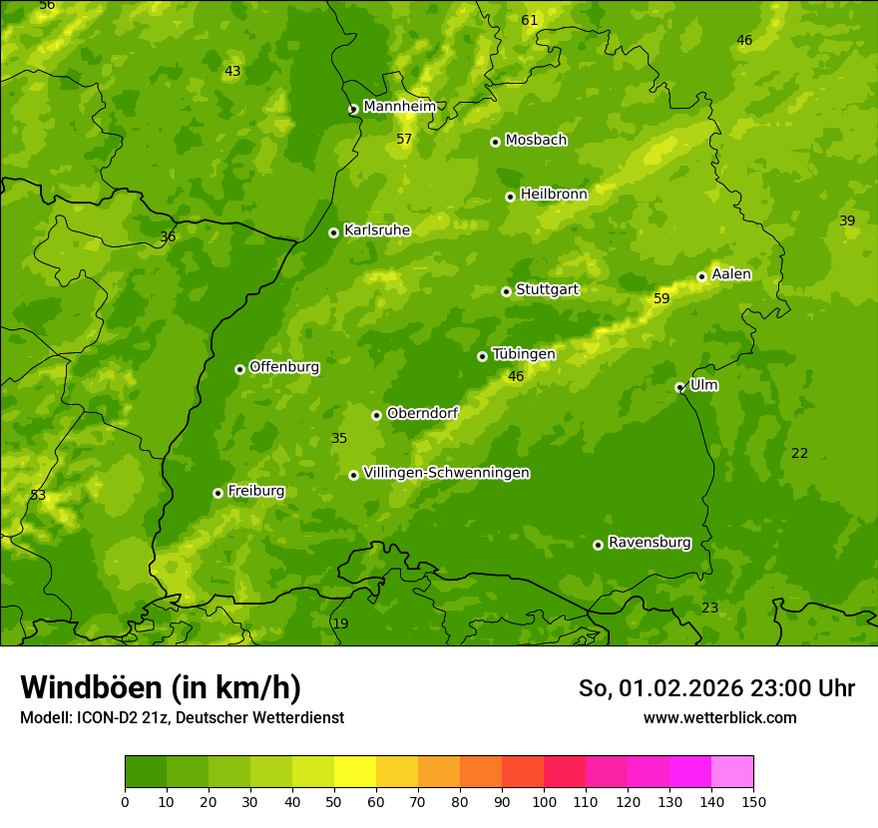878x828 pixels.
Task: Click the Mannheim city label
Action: click(400, 107)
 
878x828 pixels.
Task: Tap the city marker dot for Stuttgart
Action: click(506, 291)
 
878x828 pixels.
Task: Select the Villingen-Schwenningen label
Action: click(446, 473)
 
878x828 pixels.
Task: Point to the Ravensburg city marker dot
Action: click(598, 545)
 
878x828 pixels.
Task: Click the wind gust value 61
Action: click(529, 20)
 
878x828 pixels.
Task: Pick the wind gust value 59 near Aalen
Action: click(661, 298)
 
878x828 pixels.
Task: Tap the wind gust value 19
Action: click(340, 623)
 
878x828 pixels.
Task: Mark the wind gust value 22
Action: click(799, 453)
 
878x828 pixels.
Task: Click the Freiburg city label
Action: click(255, 491)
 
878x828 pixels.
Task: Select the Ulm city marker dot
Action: click(679, 387)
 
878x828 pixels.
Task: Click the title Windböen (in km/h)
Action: click(160, 687)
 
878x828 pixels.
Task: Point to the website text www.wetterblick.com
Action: click(719, 717)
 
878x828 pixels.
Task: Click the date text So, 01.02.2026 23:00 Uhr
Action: click(716, 688)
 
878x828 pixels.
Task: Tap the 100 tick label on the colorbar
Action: click(544, 802)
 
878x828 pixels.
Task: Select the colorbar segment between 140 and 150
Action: click(732, 772)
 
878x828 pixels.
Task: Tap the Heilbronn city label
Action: click(554, 195)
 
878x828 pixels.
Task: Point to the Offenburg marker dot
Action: click(239, 369)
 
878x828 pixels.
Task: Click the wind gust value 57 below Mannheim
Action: click(404, 139)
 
